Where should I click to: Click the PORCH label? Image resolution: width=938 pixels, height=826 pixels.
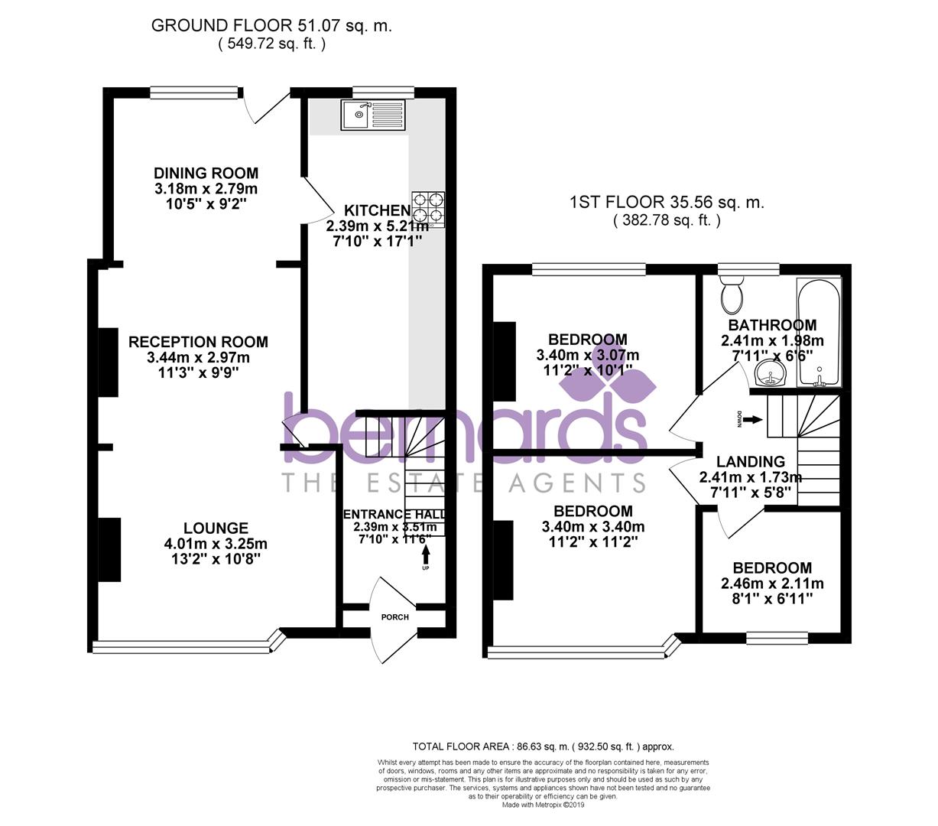(395, 617)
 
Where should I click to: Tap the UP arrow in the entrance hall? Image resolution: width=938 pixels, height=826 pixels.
(426, 552)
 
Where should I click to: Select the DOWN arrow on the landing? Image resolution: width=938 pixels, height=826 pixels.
(752, 420)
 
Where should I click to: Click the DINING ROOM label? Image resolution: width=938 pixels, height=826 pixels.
(206, 173)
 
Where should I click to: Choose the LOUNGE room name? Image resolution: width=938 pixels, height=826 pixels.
(216, 528)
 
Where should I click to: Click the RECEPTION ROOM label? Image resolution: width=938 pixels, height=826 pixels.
(198, 342)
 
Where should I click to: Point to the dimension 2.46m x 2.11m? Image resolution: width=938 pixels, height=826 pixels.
(772, 584)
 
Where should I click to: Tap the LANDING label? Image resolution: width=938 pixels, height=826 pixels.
(750, 461)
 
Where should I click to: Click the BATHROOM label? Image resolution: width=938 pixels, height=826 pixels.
(772, 325)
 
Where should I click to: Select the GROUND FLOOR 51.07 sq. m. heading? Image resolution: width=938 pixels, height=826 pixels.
(271, 25)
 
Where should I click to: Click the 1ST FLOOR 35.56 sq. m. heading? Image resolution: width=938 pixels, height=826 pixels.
(667, 203)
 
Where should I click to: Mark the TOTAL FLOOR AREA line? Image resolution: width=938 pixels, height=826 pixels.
(543, 746)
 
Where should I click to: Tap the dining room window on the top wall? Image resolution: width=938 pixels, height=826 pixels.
(195, 93)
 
